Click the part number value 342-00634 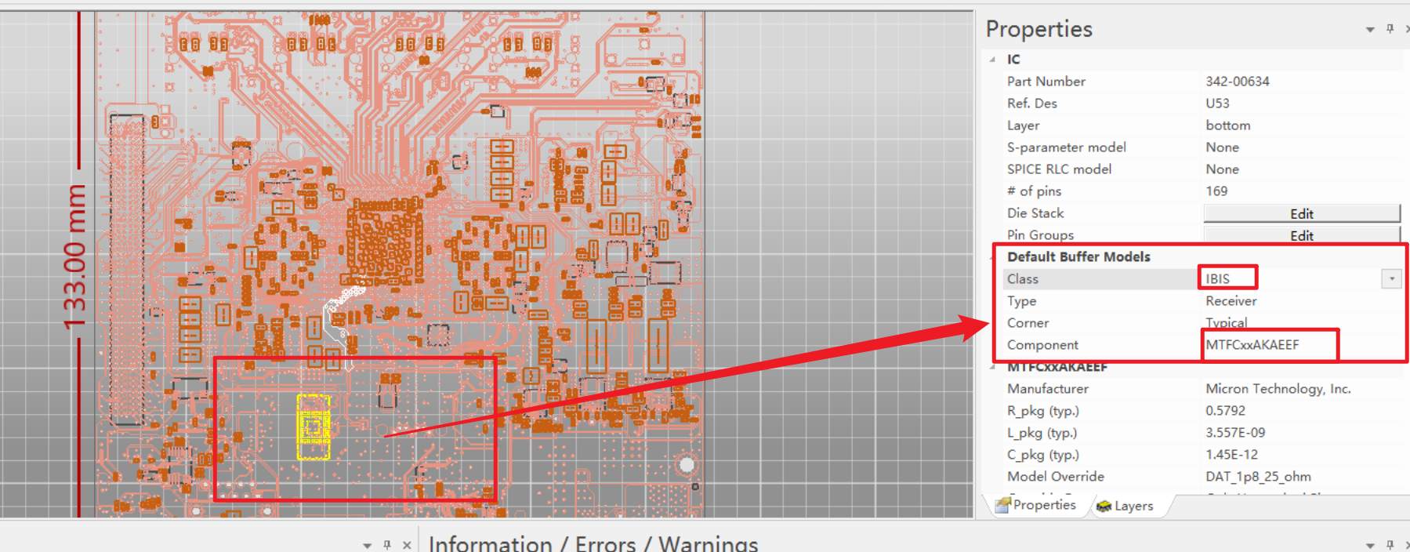tap(1237, 82)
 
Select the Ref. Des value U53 tap(1217, 103)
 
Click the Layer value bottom tap(1227, 125)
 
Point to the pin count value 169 tap(1216, 191)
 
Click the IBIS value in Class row tap(1218, 279)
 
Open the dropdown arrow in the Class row tap(1391, 279)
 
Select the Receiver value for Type tap(1231, 301)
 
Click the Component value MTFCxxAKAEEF tap(1252, 345)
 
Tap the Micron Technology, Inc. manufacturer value tap(1278, 389)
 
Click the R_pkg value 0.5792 tap(1225, 411)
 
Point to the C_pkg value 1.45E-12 tap(1231, 455)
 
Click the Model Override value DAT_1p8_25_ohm tap(1258, 477)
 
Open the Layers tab tap(1125, 507)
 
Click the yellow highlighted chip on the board tap(314, 427)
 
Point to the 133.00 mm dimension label tap(74, 257)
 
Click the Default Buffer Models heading tap(1078, 257)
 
